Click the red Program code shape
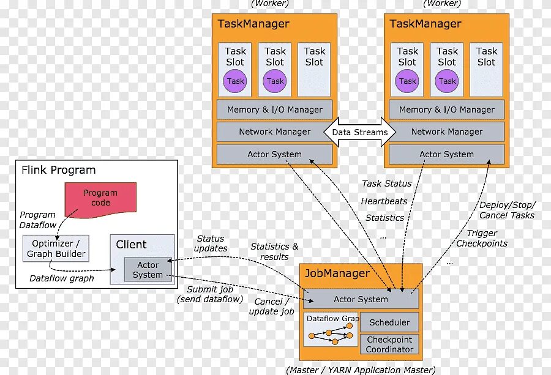pos(100,198)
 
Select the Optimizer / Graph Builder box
pos(56,248)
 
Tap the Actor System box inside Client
pos(148,270)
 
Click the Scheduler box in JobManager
pos(389,322)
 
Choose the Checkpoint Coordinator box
pos(389,344)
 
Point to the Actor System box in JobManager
pos(361,299)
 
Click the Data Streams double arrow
pos(360,132)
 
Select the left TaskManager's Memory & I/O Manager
pos(274,110)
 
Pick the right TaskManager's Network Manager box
pos(446,132)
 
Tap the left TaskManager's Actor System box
pos(274,154)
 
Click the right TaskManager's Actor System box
pos(446,154)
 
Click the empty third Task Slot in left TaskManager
pos(314,69)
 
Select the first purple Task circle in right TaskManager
pos(407,81)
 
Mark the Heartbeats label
pos(384,201)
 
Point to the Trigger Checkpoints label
pos(482,238)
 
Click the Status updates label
pos(211,243)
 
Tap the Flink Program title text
pos(59,170)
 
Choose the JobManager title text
pos(337,273)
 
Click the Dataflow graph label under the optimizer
pos(62,278)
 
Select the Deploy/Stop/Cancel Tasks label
pos(507,210)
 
